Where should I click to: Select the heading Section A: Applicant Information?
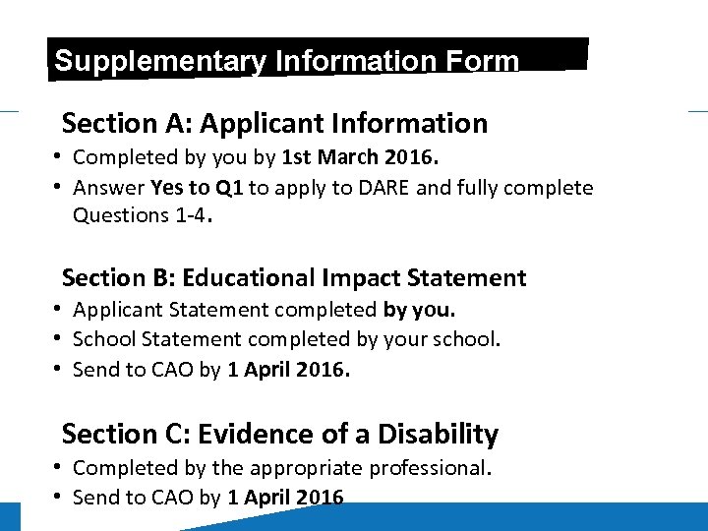[x=274, y=124]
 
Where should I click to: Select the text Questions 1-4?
[x=141, y=215]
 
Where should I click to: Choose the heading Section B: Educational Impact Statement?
[x=294, y=278]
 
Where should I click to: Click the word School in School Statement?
[x=104, y=340]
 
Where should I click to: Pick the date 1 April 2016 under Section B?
[x=289, y=371]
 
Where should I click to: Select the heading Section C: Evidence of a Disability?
[x=280, y=434]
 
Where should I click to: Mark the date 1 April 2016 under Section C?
[x=285, y=498]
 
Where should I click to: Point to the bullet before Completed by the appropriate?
[x=60, y=468]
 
